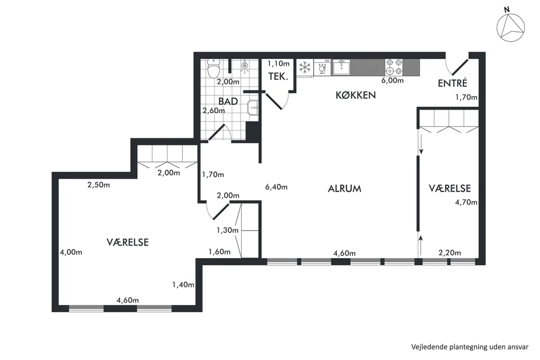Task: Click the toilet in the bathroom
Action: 214,68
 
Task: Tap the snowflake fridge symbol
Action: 305,67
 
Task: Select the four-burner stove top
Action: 394,67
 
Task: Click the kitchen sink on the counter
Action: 341,67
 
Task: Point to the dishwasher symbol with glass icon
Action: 322,67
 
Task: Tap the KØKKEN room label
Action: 356,95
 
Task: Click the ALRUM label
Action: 345,189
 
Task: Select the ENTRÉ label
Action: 453,83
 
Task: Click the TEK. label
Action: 278,77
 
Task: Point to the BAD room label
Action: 228,101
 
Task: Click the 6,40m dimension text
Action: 276,187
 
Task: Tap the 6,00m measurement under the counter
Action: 392,81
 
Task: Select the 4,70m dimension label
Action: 466,202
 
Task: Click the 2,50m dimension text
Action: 99,185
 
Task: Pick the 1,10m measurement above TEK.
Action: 279,63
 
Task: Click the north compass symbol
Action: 511,27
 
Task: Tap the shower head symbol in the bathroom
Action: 245,66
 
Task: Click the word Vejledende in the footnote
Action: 429,347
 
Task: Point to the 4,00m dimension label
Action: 71,252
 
